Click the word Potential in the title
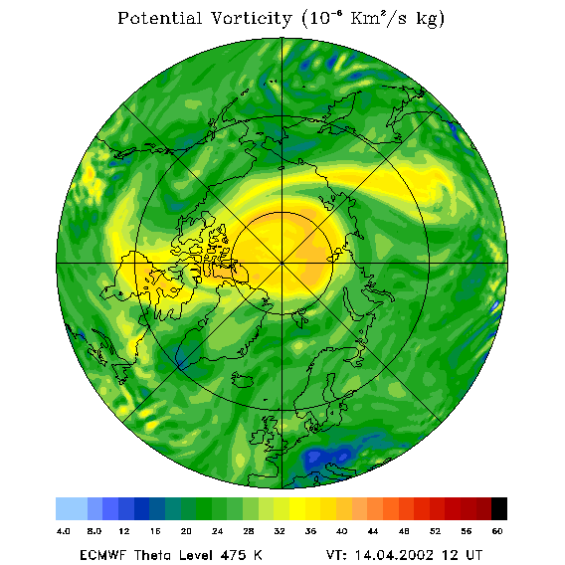(159, 18)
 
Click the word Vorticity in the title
(251, 18)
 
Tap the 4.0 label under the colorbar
(64, 531)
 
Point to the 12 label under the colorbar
(124, 531)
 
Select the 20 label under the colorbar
(186, 531)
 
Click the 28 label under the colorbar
(249, 531)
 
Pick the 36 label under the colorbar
(310, 531)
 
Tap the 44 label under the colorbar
(373, 531)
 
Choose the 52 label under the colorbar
(435, 531)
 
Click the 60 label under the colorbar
(497, 531)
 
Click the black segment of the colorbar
(499, 508)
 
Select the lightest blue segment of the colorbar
(72, 508)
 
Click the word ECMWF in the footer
(103, 555)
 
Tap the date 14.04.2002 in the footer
(394, 555)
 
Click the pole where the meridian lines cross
(282, 263)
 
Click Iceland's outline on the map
(242, 379)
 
